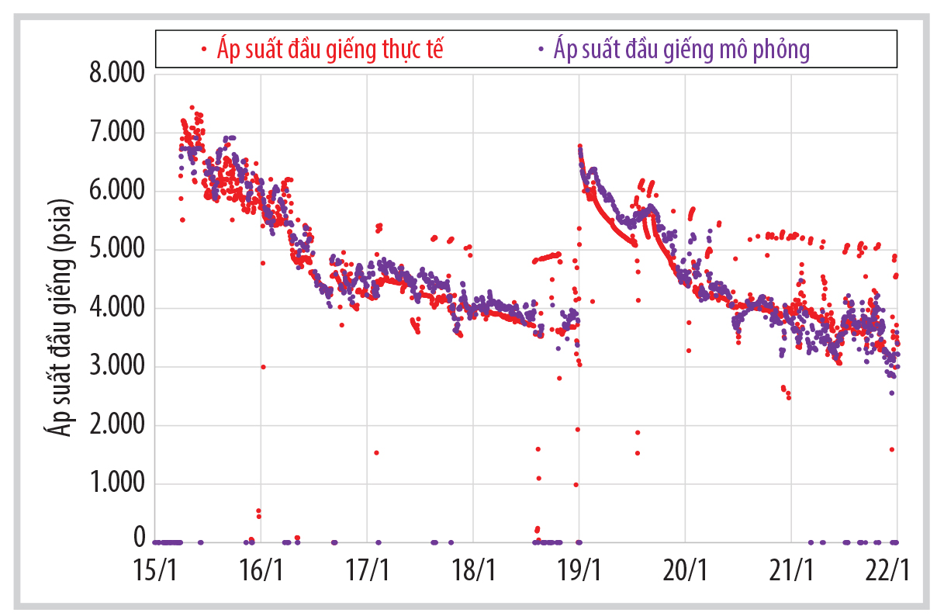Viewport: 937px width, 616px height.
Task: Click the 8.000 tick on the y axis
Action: pos(116,75)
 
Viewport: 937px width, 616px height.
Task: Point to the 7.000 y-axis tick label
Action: pos(116,133)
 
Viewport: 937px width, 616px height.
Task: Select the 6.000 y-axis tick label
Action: pos(116,192)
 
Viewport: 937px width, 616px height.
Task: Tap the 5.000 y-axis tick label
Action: pos(116,250)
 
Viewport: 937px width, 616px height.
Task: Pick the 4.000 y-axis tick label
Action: pos(116,309)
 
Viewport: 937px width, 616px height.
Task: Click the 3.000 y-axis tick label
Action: pos(116,367)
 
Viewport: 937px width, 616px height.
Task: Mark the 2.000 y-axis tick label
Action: pos(116,425)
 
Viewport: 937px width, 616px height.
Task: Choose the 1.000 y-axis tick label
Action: pos(116,484)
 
